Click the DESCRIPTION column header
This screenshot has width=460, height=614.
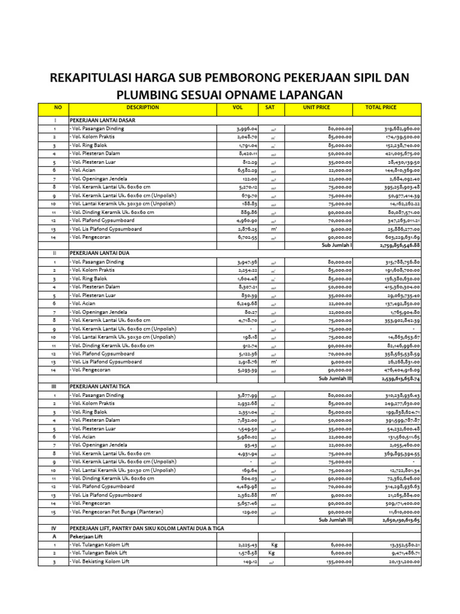(143, 108)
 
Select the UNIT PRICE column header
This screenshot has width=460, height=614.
(316, 108)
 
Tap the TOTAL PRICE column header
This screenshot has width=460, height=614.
(381, 108)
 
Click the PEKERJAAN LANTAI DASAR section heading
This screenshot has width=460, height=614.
(102, 121)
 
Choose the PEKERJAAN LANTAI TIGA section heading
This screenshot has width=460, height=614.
(101, 386)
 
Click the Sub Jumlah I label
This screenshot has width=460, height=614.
(337, 245)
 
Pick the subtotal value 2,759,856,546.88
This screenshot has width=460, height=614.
(400, 245)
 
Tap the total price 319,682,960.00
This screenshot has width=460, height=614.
(402, 129)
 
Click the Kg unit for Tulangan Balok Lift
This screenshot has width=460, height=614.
(271, 553)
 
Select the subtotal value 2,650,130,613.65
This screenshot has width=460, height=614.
(400, 520)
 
